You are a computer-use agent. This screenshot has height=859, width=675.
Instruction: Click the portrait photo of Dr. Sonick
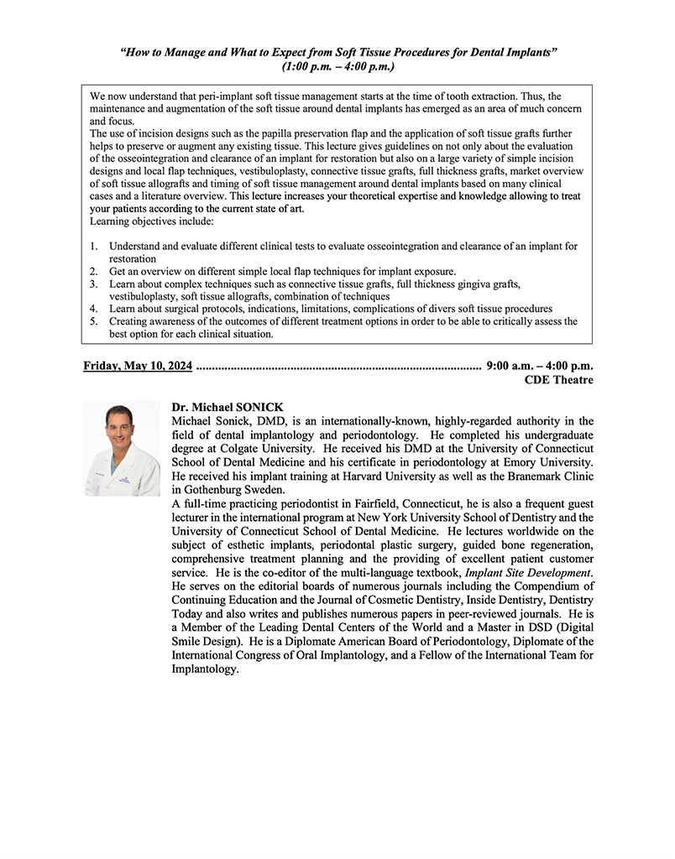[x=122, y=449]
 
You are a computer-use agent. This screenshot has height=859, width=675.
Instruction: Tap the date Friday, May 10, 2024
[x=138, y=366]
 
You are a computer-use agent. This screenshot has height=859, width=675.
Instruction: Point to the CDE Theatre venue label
[x=558, y=380]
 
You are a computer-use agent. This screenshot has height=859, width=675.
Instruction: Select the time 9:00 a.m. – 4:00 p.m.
[x=539, y=366]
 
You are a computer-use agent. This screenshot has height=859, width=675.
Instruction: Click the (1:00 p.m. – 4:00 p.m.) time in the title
[x=339, y=65]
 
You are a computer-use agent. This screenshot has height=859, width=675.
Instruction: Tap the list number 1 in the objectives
[x=94, y=247]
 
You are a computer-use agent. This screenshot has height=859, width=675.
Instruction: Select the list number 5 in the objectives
[x=94, y=321]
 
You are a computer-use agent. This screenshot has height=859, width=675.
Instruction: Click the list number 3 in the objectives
[x=94, y=284]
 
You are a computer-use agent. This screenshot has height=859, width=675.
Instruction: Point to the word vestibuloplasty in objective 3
[x=148, y=296]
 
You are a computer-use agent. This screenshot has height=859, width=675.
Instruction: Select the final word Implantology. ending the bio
[x=206, y=669]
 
